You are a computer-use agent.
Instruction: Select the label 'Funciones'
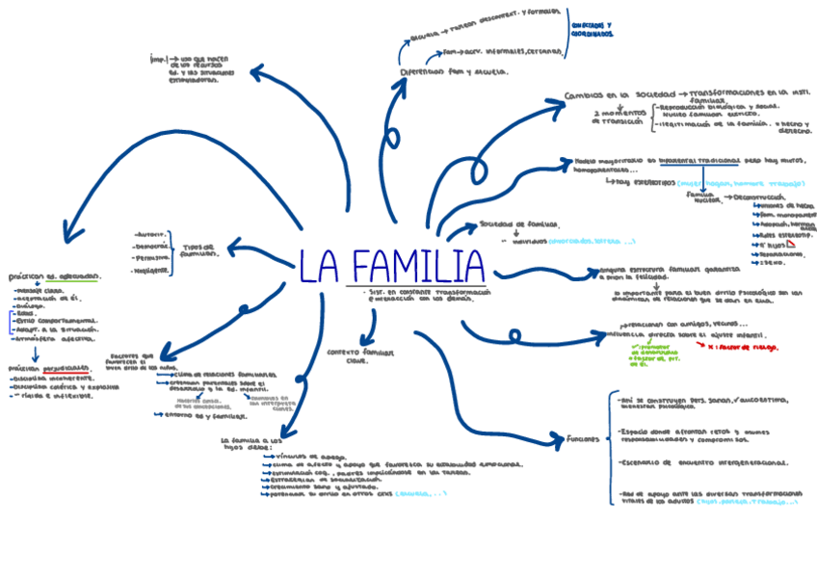pos(585,439)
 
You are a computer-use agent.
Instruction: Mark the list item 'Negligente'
pos(151,271)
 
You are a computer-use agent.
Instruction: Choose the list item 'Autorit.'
pos(153,233)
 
